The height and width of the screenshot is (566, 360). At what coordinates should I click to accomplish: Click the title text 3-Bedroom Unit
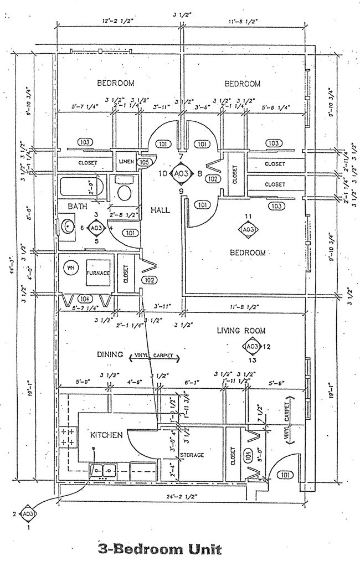click(x=160, y=549)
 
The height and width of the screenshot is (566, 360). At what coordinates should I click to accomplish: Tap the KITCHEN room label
click(x=106, y=435)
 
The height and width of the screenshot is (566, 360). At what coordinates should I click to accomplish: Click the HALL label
click(x=160, y=210)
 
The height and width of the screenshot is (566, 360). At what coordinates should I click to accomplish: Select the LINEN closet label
click(x=126, y=162)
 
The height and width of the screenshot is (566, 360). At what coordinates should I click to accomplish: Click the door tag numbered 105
click(x=144, y=162)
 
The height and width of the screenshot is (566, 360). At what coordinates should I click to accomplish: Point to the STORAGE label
click(x=191, y=455)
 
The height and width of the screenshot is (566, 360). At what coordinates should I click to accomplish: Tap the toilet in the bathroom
click(x=124, y=192)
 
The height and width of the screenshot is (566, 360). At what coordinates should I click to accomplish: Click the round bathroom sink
click(x=69, y=227)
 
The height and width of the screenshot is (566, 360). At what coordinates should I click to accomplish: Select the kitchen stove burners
click(x=68, y=436)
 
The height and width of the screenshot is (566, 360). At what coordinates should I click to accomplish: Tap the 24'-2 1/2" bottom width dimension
click(x=182, y=489)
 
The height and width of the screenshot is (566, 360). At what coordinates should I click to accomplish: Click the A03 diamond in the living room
click(x=252, y=347)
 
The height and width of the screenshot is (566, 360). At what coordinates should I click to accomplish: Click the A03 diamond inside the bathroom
click(x=96, y=228)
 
